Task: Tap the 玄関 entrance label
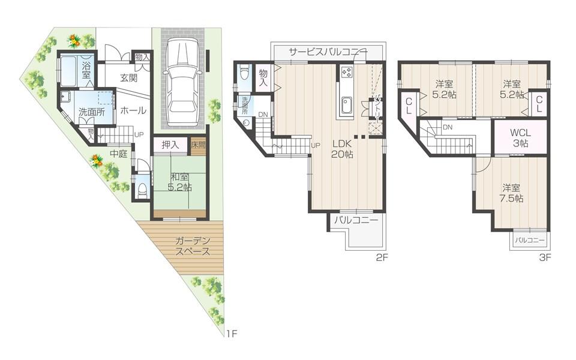(x=130, y=77)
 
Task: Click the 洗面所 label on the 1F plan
(x=91, y=112)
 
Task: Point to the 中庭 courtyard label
(x=118, y=154)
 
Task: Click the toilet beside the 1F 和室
(x=142, y=190)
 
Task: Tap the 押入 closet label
(x=170, y=145)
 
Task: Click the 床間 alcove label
(x=198, y=145)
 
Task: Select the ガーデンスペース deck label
(x=193, y=246)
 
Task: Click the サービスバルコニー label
(x=328, y=52)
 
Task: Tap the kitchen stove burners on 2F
(x=347, y=73)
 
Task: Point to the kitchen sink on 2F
(x=347, y=106)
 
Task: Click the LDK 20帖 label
(x=342, y=149)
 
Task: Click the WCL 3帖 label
(x=519, y=137)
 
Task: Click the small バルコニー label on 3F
(x=529, y=240)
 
